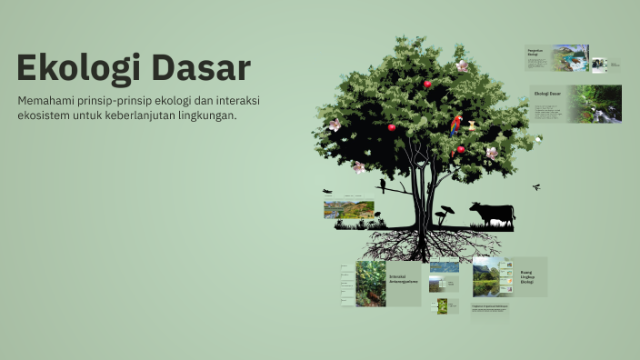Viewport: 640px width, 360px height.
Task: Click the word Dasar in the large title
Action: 201,69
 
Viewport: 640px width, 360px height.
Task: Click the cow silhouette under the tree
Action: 492,214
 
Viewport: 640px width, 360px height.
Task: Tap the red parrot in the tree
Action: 455,125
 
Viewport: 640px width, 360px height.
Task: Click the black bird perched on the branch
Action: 383,185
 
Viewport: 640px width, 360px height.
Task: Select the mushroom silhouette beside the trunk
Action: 445,215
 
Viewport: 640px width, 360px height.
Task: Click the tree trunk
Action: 418,195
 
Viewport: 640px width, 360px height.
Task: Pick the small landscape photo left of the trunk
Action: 348,209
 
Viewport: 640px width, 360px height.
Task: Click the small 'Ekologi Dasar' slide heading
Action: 547,94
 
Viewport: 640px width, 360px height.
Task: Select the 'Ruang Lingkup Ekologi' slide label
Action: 527,276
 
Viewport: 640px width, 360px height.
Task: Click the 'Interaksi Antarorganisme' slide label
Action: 402,278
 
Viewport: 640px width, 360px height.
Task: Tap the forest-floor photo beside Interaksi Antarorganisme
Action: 370,284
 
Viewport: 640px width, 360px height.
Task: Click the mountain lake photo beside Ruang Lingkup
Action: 486,275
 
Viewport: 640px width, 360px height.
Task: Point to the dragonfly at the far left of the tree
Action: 327,191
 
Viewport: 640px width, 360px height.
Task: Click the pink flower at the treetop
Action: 462,66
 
